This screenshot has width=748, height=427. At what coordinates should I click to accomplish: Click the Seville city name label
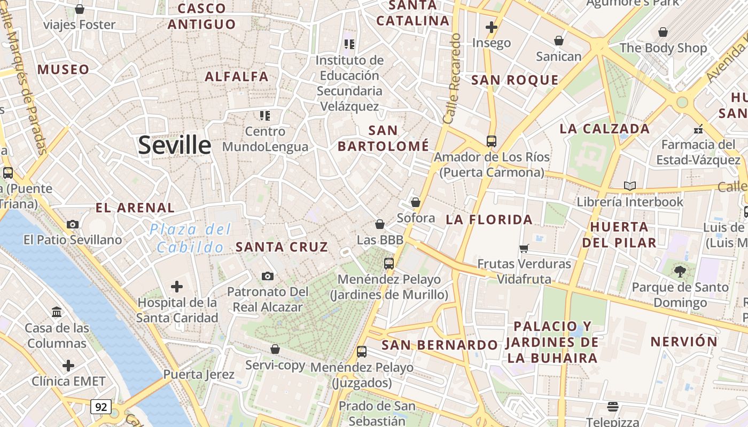click(x=175, y=145)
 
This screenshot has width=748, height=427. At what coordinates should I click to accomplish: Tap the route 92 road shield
click(x=100, y=407)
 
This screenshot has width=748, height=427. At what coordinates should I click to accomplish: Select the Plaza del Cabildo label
click(x=191, y=239)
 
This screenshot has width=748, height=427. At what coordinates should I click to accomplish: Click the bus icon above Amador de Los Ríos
click(x=492, y=141)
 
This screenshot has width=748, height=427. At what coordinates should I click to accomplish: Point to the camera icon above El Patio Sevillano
click(x=73, y=224)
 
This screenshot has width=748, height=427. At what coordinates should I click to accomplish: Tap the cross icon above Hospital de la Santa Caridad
click(x=177, y=287)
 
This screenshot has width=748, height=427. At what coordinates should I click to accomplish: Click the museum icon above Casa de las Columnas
click(x=57, y=312)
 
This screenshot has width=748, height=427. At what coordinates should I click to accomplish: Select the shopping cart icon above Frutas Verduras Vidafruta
click(x=524, y=248)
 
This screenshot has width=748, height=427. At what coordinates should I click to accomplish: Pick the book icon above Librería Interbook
click(x=630, y=186)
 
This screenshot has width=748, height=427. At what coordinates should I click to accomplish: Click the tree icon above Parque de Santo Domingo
click(x=680, y=272)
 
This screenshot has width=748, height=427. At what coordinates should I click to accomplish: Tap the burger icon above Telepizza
click(x=613, y=407)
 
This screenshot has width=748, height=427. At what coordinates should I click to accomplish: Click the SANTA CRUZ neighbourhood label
click(x=282, y=247)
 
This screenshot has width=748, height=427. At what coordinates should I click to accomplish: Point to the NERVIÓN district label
click(x=684, y=342)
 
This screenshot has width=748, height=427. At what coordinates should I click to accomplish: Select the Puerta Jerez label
click(x=199, y=374)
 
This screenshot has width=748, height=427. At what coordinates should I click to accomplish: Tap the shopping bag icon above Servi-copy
click(x=275, y=350)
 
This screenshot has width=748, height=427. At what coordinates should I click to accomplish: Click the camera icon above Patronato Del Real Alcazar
click(x=268, y=276)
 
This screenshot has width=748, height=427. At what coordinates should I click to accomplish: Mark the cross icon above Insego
click(x=492, y=27)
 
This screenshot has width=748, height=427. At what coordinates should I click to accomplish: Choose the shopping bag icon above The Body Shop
click(x=663, y=32)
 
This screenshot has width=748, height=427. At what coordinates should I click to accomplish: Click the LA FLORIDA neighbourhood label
click(x=489, y=219)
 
